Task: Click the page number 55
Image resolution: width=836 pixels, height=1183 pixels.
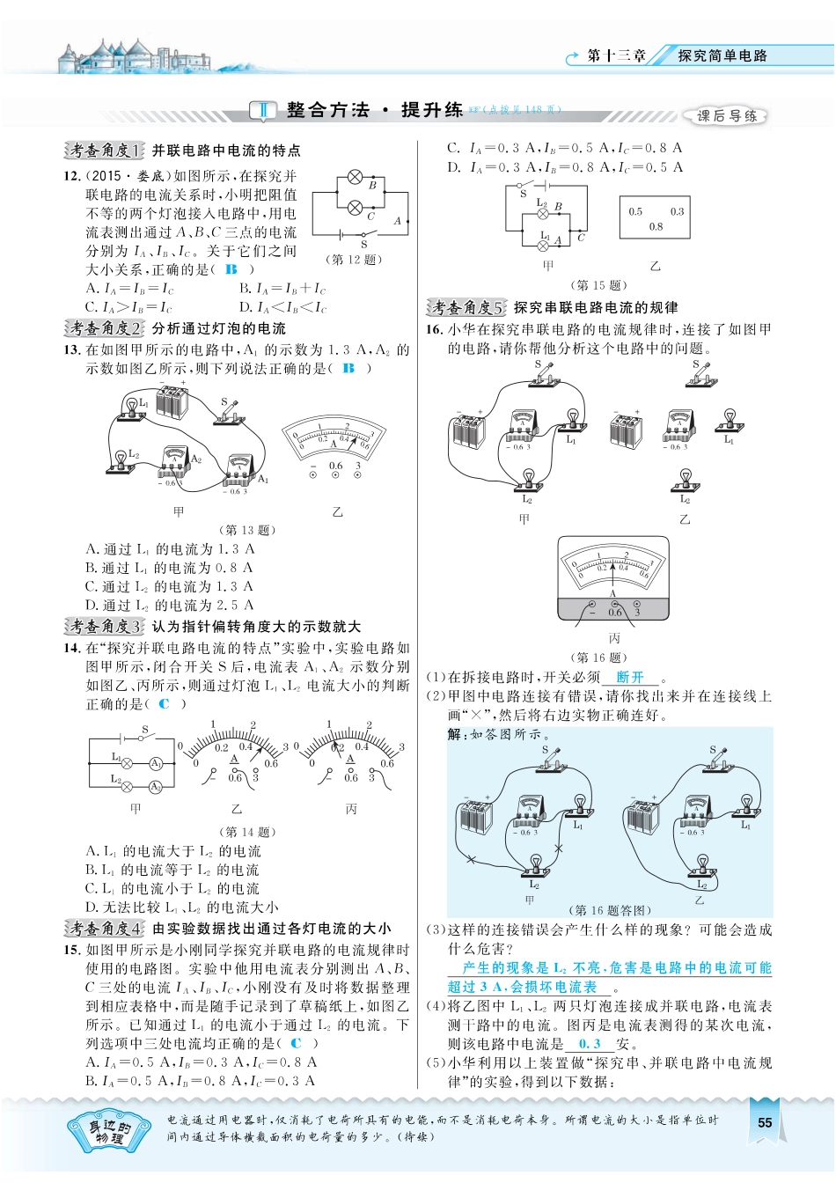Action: [764, 1121]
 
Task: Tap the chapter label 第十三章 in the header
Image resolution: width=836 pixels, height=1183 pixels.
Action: [616, 55]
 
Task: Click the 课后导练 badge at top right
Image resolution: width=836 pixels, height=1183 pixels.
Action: [726, 115]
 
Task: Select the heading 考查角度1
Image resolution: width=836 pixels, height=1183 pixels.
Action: [104, 151]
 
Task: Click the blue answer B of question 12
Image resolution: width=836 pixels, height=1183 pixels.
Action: [231, 269]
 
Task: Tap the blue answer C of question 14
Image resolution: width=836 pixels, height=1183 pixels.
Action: [165, 703]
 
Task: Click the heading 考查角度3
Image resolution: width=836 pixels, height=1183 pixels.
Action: [104, 627]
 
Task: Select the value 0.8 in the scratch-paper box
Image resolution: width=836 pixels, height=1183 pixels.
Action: [656, 226]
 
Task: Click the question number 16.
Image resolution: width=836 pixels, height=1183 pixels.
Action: [433, 329]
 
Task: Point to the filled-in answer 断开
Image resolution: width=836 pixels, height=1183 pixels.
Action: [630, 677]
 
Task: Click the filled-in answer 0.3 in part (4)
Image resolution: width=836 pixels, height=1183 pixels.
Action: [590, 1044]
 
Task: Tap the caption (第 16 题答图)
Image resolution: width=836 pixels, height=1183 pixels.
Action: [612, 910]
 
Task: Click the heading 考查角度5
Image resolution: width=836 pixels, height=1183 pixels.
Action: [466, 307]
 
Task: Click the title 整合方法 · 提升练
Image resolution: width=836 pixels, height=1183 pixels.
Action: [374, 110]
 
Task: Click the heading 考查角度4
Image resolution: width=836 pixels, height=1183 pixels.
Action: [104, 929]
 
